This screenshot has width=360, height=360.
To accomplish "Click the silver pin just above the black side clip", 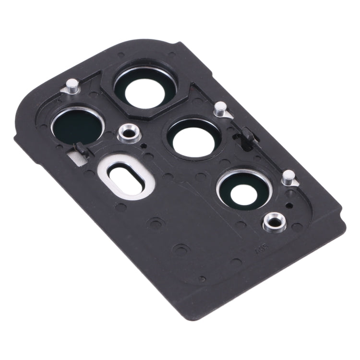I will pos(220,108).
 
